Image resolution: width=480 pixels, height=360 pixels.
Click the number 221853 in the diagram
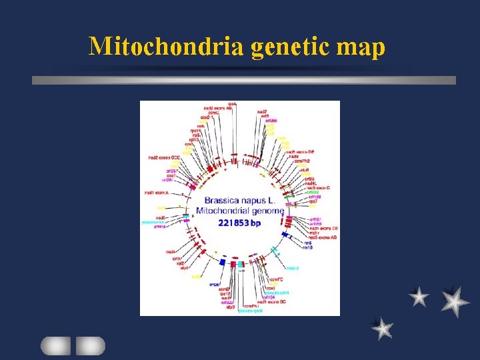pyautogui.click(x=233, y=223)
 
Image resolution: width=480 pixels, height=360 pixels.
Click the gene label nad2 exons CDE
pyautogui.click(x=164, y=158)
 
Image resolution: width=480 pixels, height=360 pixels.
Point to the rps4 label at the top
pyautogui.click(x=232, y=104)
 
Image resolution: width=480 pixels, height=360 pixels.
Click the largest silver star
pyautogui.click(x=455, y=301)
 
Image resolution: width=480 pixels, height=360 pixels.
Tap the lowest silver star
pyautogui.click(x=382, y=328)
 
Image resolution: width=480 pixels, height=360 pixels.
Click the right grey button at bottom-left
pyautogui.click(x=90, y=345)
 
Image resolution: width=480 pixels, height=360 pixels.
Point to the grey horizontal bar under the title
pyautogui.click(x=244, y=80)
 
